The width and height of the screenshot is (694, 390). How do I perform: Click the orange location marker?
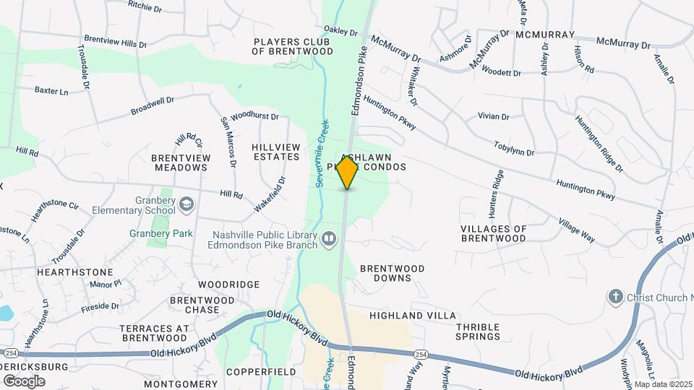click(348, 173)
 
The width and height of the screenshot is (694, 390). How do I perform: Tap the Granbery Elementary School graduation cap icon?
click(187, 205)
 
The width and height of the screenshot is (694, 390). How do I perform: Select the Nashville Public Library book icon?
click(329, 238)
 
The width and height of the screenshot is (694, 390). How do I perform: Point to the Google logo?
click(24, 380)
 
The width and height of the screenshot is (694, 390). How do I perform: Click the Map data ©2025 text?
click(663, 383)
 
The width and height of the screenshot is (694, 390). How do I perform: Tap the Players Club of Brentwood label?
click(293, 46)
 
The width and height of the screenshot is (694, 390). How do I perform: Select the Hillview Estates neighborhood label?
click(275, 152)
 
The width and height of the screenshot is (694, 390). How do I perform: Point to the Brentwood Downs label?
click(393, 273)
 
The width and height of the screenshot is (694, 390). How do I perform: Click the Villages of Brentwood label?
click(504, 233)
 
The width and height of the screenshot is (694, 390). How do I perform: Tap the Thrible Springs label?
click(478, 331)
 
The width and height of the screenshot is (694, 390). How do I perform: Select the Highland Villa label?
click(413, 316)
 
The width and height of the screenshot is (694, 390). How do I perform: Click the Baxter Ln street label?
click(51, 90)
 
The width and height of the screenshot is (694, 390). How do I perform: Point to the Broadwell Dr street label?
click(153, 106)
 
